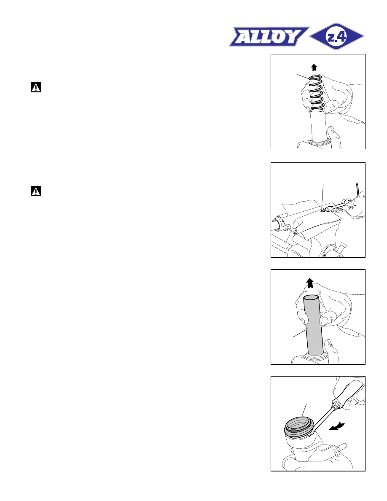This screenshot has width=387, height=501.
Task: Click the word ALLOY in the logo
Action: tap(269, 36)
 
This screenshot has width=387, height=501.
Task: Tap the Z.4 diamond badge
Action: tap(337, 36)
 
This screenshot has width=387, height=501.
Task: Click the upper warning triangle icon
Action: tap(36, 87)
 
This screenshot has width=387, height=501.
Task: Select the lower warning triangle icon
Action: tap(36, 191)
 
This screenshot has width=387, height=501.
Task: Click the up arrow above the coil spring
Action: tap(314, 67)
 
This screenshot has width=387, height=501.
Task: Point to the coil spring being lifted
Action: tap(317, 94)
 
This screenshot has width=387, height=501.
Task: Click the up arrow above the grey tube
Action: tap(310, 283)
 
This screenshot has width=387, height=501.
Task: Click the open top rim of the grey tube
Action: tap(311, 298)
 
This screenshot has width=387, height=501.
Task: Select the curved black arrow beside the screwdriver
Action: tap(337, 426)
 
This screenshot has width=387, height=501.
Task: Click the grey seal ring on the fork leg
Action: tap(298, 429)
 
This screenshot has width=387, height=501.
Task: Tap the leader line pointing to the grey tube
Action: tap(300, 332)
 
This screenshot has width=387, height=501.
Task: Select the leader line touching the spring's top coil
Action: tap(304, 76)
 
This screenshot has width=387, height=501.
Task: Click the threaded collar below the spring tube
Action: tap(319, 143)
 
